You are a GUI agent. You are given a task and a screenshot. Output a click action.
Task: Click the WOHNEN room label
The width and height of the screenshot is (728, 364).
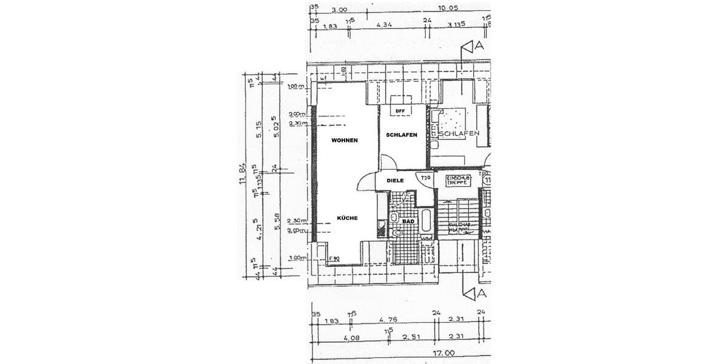(344, 140)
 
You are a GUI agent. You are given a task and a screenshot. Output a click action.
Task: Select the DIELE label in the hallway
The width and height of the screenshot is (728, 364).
(395, 180)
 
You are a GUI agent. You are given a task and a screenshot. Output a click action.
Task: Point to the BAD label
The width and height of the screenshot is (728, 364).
(408, 222)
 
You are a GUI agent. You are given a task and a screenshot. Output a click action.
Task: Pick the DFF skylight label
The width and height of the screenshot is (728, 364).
(400, 111)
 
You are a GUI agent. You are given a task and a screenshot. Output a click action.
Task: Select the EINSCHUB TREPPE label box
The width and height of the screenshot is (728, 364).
(456, 180)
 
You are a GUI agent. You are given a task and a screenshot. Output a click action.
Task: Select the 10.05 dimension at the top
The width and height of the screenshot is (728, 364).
(447, 9)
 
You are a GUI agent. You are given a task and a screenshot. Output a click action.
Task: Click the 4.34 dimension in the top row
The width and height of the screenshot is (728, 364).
(384, 25)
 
